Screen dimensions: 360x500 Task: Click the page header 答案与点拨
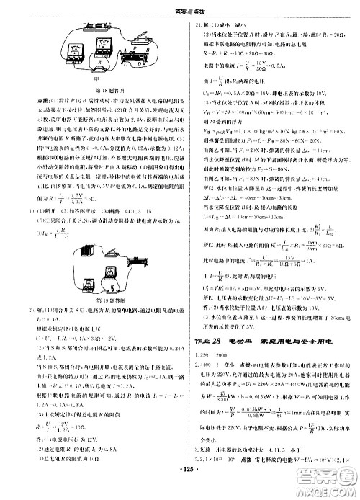tap(179, 6)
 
